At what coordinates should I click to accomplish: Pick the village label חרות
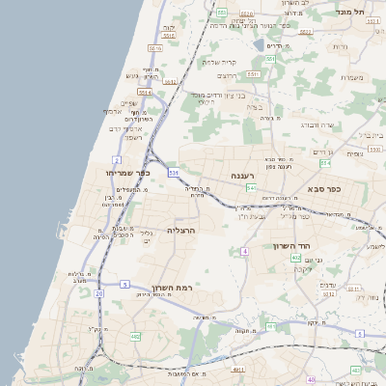[340, 46]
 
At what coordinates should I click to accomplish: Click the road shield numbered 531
[174, 173]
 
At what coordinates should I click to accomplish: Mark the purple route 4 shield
[245, 251]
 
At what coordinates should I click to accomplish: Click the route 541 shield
[251, 187]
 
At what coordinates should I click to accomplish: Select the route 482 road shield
[135, 336]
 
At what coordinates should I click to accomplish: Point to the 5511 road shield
[253, 74]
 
